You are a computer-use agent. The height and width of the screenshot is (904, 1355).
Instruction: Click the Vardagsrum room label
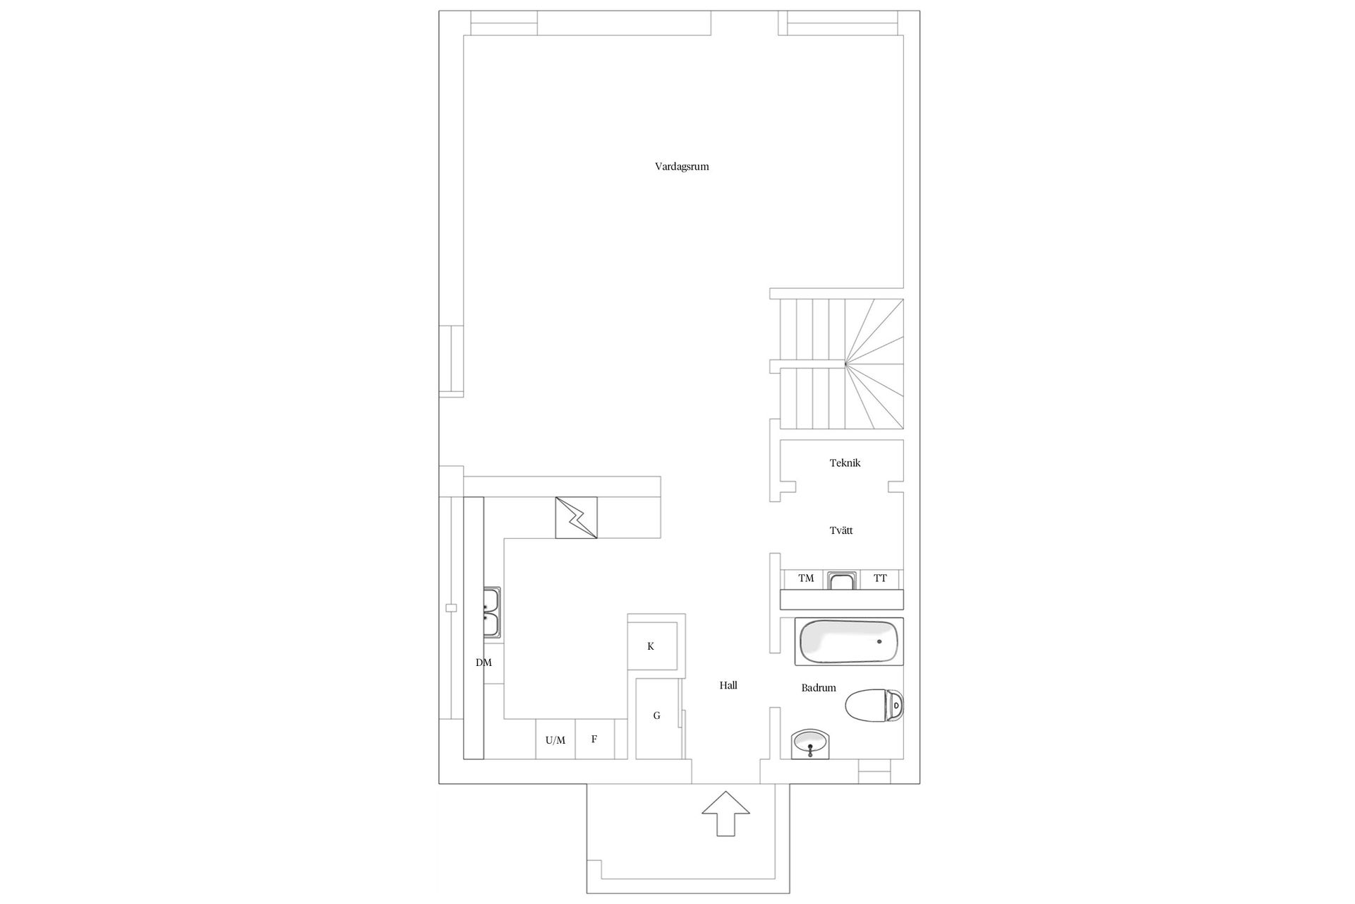pyautogui.click(x=682, y=167)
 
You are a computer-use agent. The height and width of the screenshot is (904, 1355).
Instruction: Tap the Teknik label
pyautogui.click(x=845, y=463)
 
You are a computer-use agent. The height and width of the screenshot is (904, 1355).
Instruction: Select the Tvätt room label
pyautogui.click(x=841, y=530)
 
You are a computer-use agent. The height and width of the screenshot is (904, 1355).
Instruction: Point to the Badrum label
pyautogui.click(x=819, y=688)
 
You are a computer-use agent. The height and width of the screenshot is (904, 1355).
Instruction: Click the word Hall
pyautogui.click(x=728, y=685)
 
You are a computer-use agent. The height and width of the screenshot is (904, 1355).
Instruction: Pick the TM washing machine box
pyautogui.click(x=806, y=578)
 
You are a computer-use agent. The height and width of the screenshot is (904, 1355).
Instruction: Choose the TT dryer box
pyautogui.click(x=880, y=578)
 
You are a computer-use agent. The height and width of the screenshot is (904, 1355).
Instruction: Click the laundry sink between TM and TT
pyautogui.click(x=842, y=581)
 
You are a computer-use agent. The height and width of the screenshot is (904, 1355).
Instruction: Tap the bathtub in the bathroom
pyautogui.click(x=849, y=642)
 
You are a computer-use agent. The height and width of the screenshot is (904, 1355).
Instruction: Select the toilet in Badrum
pyautogui.click(x=874, y=705)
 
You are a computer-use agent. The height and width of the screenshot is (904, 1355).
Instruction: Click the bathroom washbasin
pyautogui.click(x=811, y=744)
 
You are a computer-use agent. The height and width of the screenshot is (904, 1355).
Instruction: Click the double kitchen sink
pyautogui.click(x=491, y=612)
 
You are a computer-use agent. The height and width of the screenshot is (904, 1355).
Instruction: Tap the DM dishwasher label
pyautogui.click(x=483, y=662)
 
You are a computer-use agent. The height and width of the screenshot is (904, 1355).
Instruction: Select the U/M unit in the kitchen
pyautogui.click(x=555, y=739)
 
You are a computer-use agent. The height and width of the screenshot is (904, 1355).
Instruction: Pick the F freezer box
pyautogui.click(x=594, y=739)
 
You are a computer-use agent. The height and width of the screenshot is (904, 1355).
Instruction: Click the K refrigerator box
pyautogui.click(x=651, y=646)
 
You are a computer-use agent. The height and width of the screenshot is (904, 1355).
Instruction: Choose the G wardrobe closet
pyautogui.click(x=657, y=716)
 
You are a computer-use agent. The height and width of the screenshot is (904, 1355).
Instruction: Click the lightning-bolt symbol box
pyautogui.click(x=576, y=518)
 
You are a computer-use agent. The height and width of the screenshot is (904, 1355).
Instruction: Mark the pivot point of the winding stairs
pyautogui.click(x=845, y=364)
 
